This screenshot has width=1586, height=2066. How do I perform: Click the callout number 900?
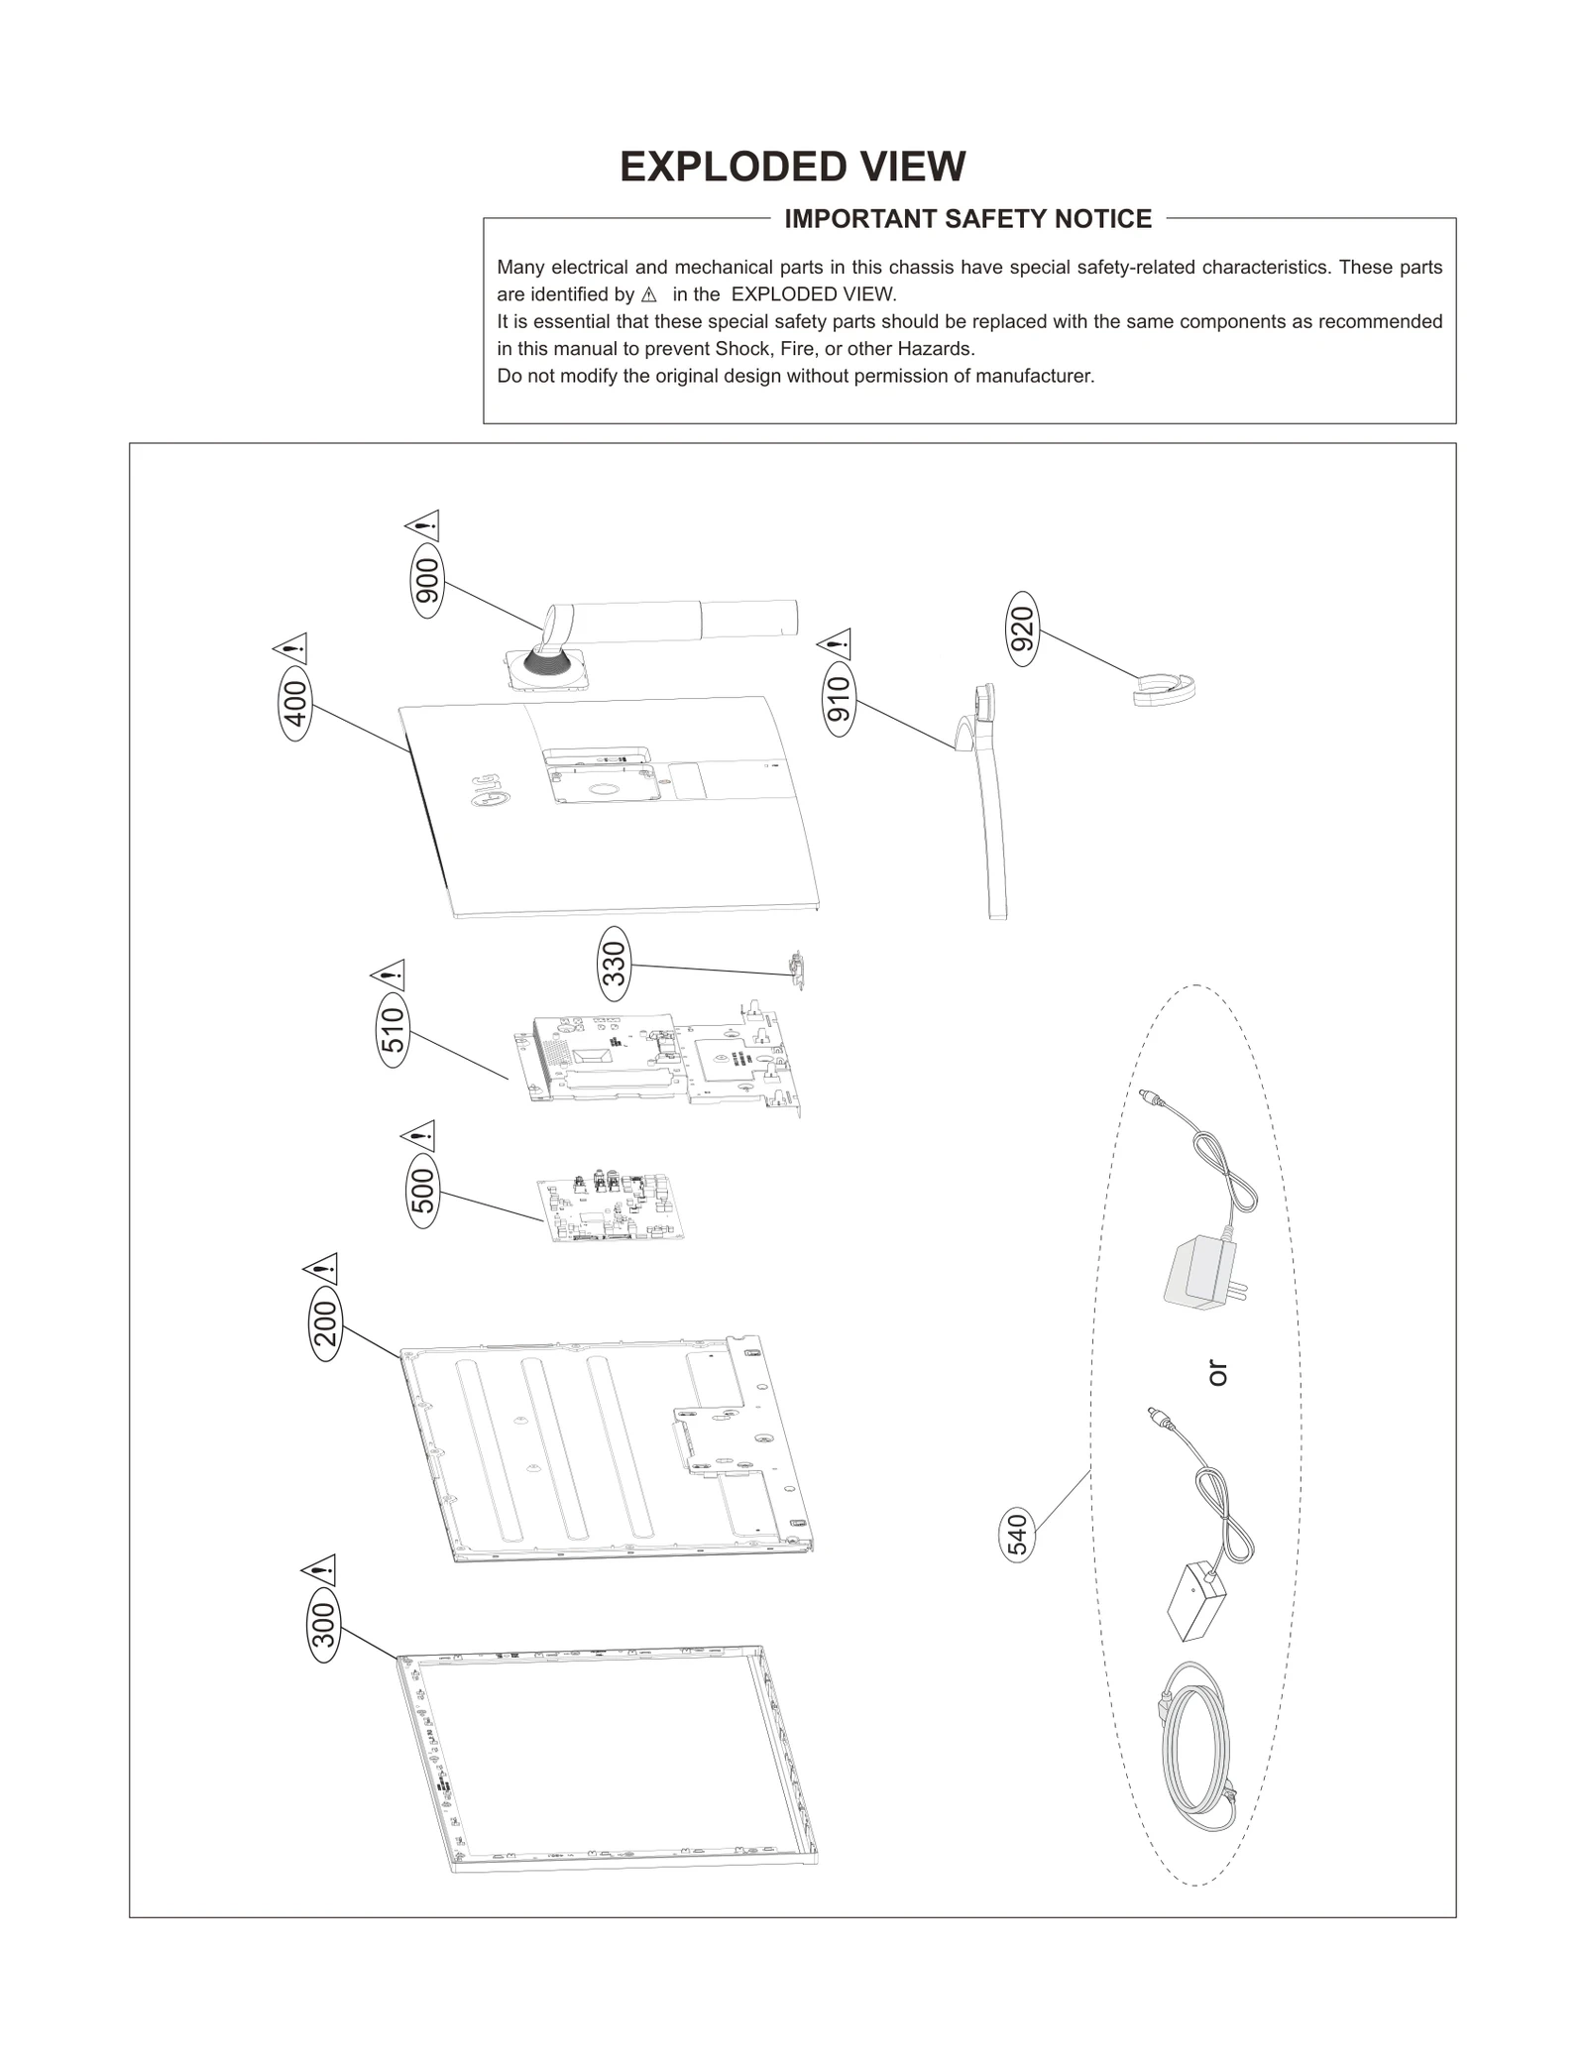pos(428,581)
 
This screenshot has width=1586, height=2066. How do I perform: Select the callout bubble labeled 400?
pos(295,704)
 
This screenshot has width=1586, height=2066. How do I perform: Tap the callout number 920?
pos(1022,629)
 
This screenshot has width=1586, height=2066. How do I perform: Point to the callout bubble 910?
pos(839,699)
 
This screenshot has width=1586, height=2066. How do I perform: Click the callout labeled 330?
pos(615,963)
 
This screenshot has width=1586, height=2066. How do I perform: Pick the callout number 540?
pos(1018,1534)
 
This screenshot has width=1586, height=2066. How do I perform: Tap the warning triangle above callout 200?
pos(322,1269)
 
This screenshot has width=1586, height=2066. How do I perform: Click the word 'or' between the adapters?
pos(1217,1373)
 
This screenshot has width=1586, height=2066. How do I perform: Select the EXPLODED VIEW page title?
pos(792,167)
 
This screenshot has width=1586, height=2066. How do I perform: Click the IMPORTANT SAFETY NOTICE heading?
pos(967,219)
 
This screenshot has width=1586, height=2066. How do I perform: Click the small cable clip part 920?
pos(1165,688)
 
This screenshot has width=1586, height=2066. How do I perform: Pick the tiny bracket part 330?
pos(796,969)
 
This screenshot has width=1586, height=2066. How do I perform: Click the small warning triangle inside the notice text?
pos(649,295)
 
